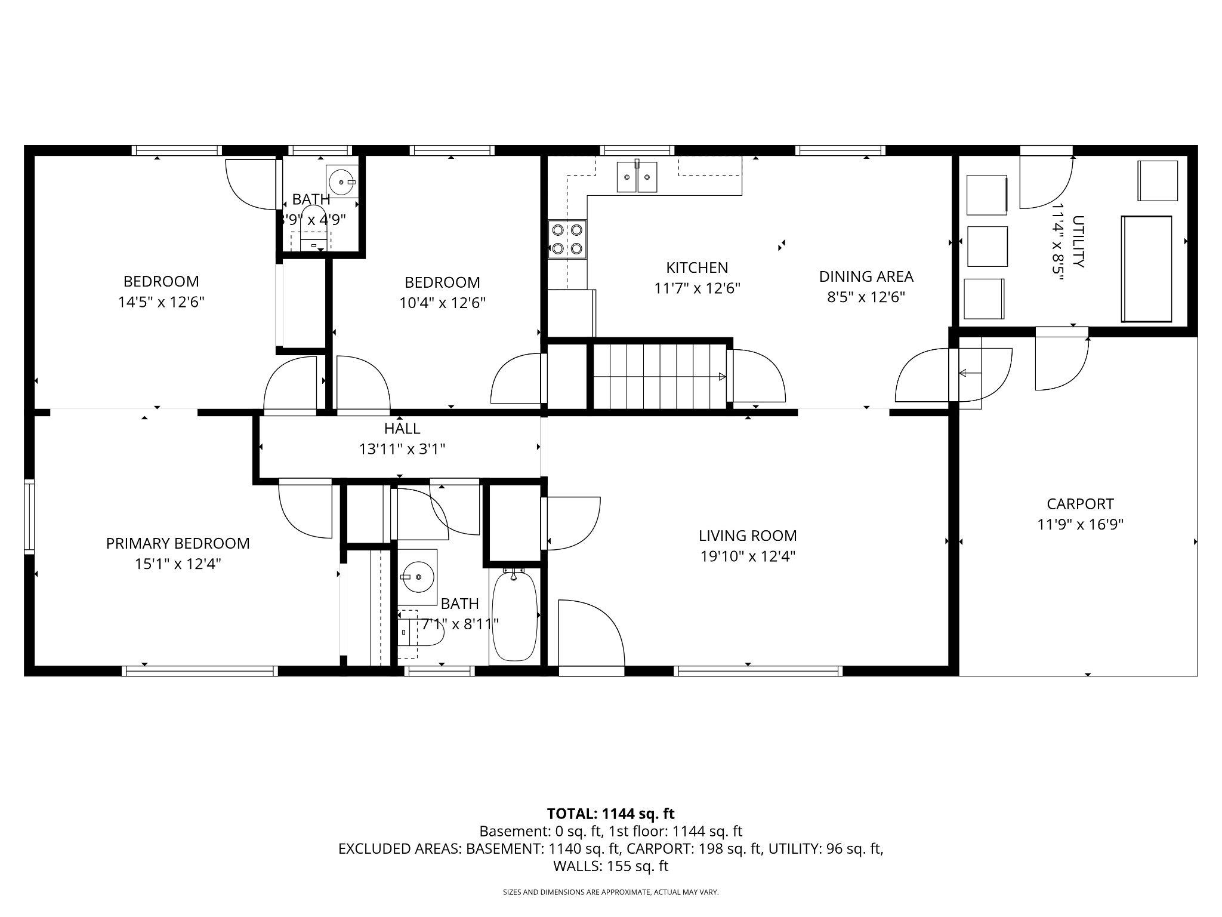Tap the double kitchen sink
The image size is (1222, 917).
[x=637, y=177]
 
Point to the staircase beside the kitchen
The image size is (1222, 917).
[x=660, y=376]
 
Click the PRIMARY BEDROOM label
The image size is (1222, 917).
[x=178, y=543]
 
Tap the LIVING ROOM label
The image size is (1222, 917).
[x=748, y=536]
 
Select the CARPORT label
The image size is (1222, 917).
[x=1080, y=504]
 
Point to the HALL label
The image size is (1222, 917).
[x=402, y=429]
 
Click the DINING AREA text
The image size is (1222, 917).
[x=866, y=276]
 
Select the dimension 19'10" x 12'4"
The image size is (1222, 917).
[x=748, y=556]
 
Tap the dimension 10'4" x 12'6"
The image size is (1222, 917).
[x=442, y=303]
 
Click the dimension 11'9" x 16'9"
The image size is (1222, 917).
[x=1080, y=525]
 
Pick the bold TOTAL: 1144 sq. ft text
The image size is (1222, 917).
[x=610, y=814]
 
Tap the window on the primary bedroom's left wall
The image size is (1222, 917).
[x=29, y=517]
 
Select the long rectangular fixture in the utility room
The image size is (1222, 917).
[x=1146, y=269]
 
